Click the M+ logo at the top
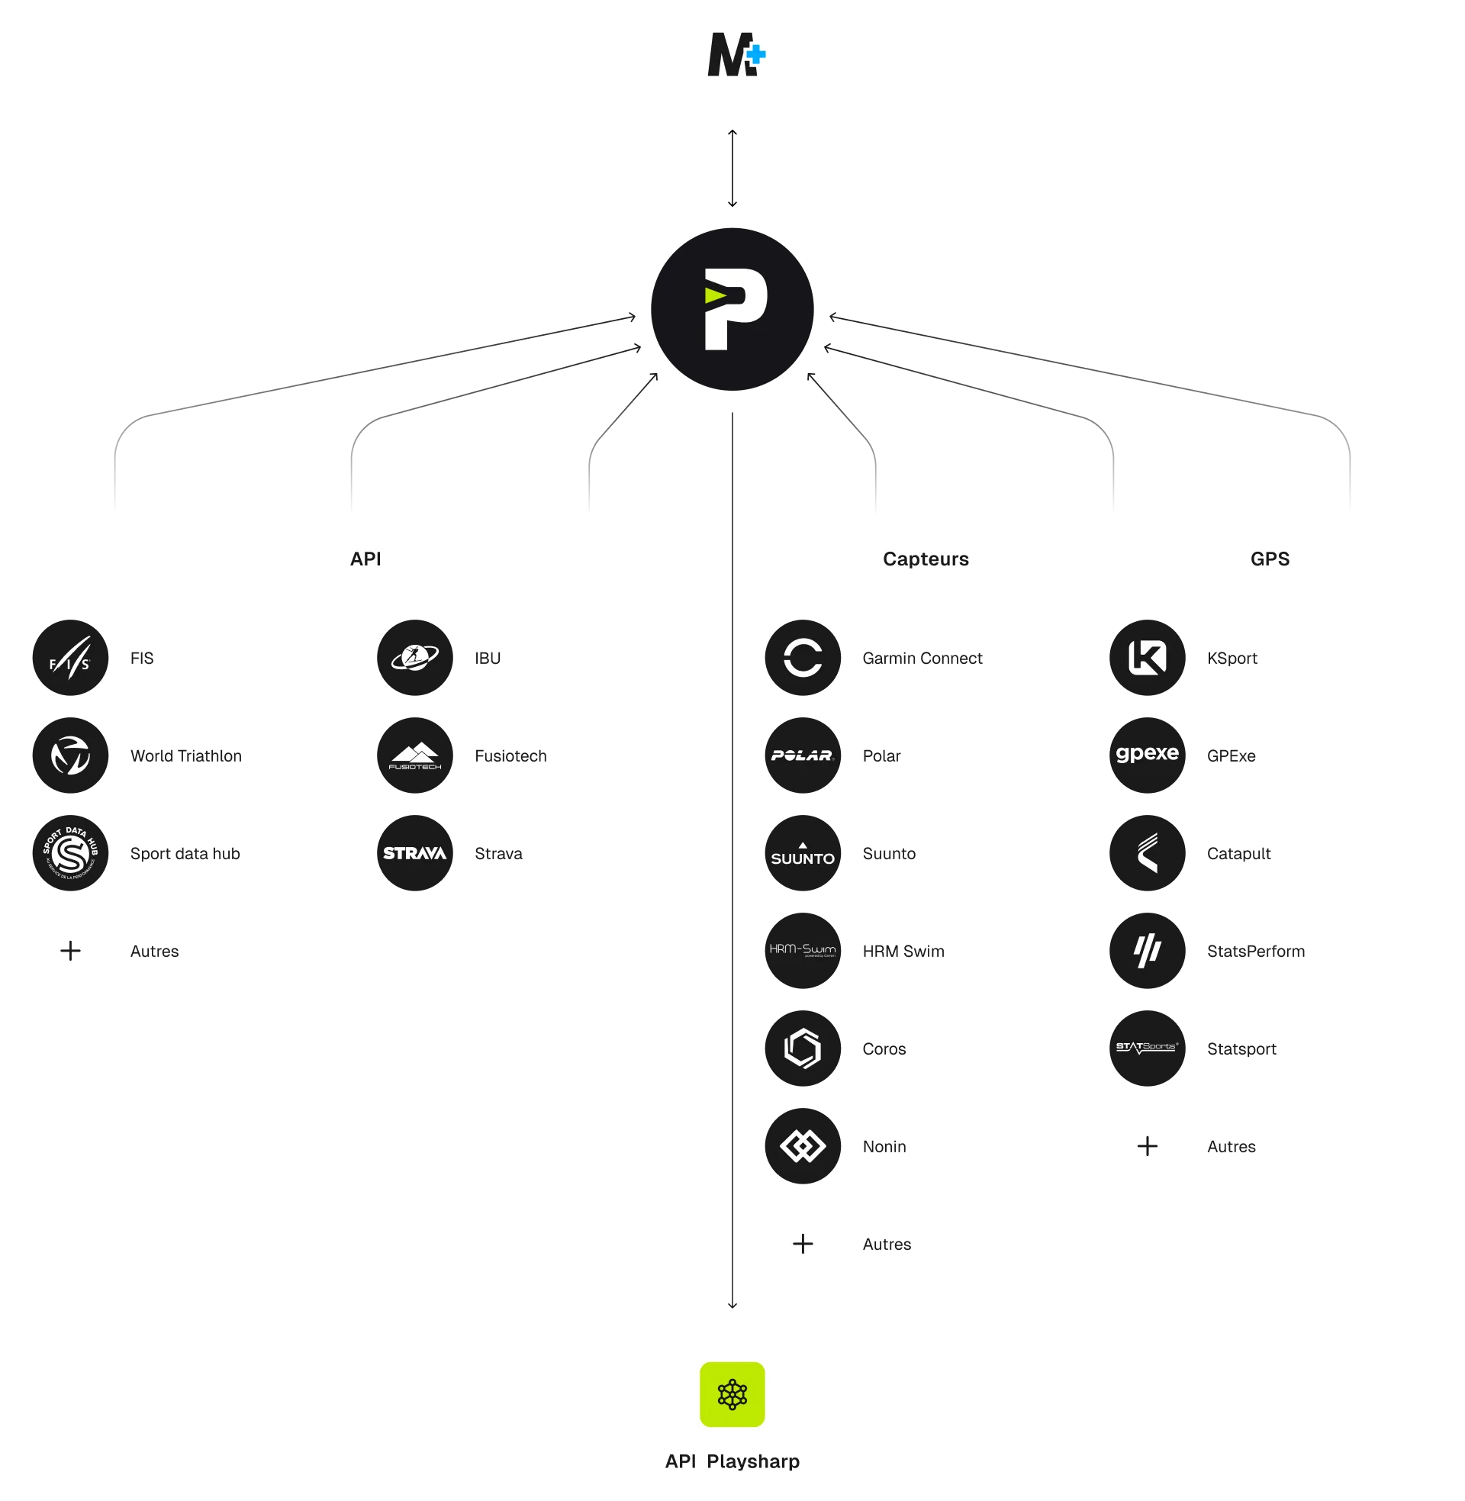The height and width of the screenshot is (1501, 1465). tap(732, 55)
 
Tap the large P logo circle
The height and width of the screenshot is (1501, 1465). tap(732, 308)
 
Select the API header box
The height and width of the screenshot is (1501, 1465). tap(365, 559)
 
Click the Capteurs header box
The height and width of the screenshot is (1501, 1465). tap(926, 559)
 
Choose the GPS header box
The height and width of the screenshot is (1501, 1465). tap(1270, 559)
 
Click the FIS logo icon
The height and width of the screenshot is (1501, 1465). tap(70, 657)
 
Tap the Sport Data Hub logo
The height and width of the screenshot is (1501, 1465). tap(70, 852)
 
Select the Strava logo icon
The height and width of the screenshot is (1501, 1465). tap(415, 852)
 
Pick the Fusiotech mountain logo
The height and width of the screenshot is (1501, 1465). tap(415, 755)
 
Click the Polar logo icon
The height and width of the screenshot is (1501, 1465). tap(803, 755)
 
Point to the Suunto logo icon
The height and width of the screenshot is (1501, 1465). tap(803, 852)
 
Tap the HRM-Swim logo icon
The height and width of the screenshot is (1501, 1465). tap(803, 950)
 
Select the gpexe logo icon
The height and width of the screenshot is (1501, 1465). tap(1148, 755)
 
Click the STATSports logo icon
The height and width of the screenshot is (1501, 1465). tap(1148, 1047)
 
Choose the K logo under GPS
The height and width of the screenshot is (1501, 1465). tap(1148, 657)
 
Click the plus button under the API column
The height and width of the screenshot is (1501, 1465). tap(70, 950)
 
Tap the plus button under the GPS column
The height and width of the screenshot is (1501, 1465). tap(1148, 1145)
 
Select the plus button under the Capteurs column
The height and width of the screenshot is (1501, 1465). tap(803, 1243)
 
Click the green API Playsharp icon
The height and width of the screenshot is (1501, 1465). tap(732, 1394)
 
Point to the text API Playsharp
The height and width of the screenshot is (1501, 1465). tap(732, 1461)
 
